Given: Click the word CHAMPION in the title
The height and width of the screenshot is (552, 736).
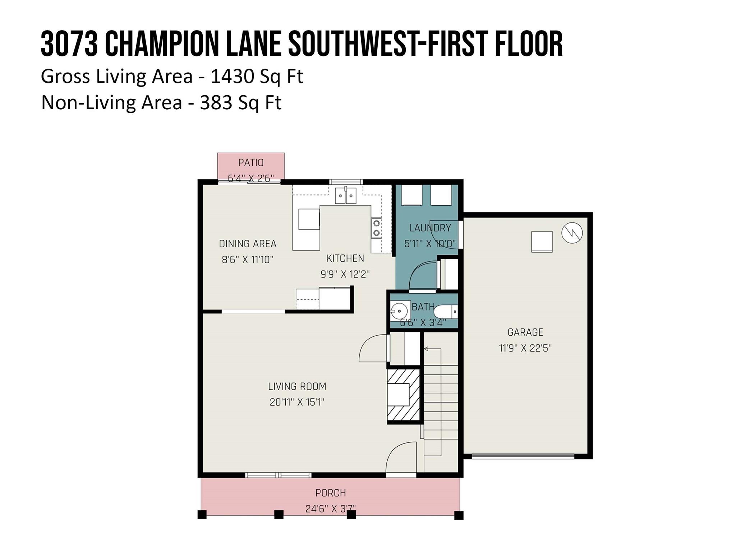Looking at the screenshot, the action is pyautogui.click(x=162, y=43).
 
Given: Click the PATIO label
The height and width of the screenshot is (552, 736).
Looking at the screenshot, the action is pyautogui.click(x=251, y=163).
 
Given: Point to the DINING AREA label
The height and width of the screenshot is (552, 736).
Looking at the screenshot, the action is pyautogui.click(x=248, y=244).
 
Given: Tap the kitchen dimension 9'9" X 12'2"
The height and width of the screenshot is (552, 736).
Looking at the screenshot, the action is pyautogui.click(x=345, y=275).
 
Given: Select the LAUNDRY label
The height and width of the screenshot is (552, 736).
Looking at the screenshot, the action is pyautogui.click(x=430, y=228).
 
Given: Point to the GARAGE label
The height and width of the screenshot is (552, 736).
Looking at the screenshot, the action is pyautogui.click(x=525, y=332).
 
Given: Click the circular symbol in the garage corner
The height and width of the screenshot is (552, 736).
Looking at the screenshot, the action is pyautogui.click(x=572, y=233).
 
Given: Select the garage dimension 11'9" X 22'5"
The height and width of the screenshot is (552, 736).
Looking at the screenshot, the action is pyautogui.click(x=525, y=348).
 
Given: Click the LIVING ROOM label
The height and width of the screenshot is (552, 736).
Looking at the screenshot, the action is pyautogui.click(x=297, y=387).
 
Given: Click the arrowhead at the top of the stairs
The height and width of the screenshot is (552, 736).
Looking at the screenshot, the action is pyautogui.click(x=426, y=349).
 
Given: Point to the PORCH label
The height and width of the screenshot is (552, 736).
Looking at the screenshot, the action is pyautogui.click(x=331, y=493).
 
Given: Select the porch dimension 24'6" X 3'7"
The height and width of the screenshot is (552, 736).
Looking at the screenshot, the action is pyautogui.click(x=331, y=509).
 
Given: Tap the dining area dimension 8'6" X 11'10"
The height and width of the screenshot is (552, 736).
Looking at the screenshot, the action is pyautogui.click(x=248, y=259).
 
